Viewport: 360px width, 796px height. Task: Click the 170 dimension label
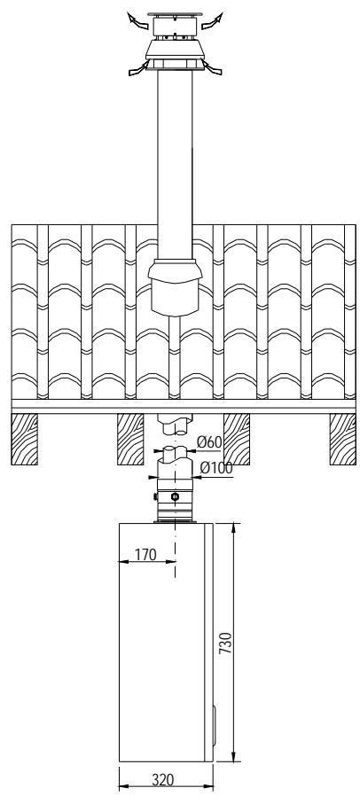[143, 555]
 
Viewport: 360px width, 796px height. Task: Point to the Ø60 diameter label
[209, 441]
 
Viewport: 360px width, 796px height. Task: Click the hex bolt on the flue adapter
[174, 497]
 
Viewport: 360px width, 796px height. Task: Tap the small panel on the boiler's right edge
[212, 719]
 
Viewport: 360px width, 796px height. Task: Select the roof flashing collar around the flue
[175, 285]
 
